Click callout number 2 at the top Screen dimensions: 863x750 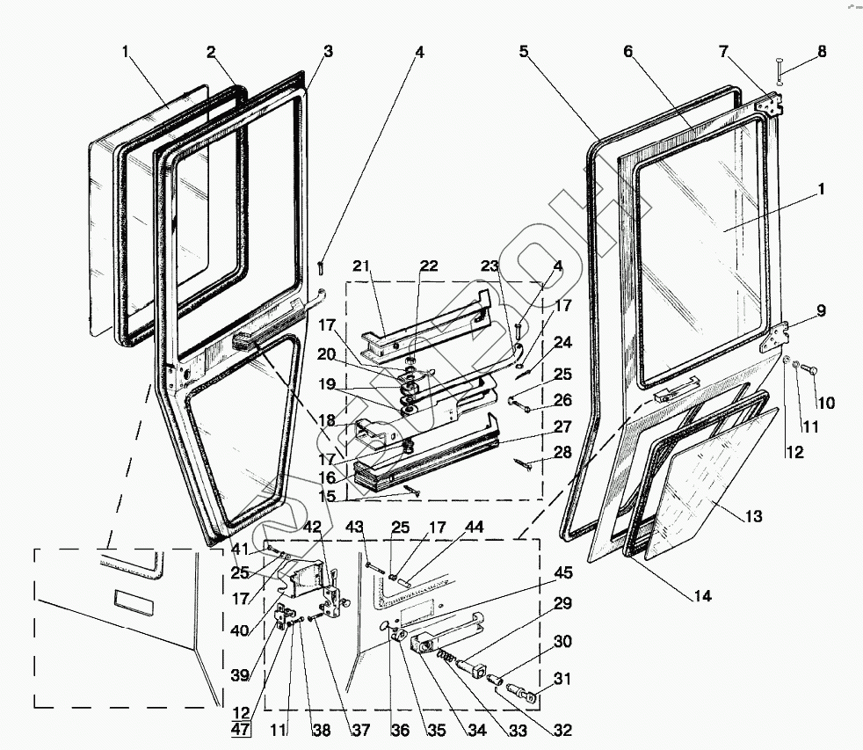click(211, 52)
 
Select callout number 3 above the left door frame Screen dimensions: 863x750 click(328, 52)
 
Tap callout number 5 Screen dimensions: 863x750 click(524, 52)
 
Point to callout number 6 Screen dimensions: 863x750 click(628, 52)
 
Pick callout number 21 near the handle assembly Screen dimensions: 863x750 click(363, 266)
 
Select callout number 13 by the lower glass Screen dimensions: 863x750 click(752, 515)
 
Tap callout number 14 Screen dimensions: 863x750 click(701, 596)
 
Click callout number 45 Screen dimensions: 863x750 click(563, 573)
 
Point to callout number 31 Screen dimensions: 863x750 click(563, 680)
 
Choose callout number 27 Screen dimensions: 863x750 click(563, 426)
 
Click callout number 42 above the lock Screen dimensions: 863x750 click(314, 527)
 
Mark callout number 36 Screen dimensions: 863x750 click(401, 730)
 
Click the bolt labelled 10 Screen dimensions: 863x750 click(809, 368)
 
